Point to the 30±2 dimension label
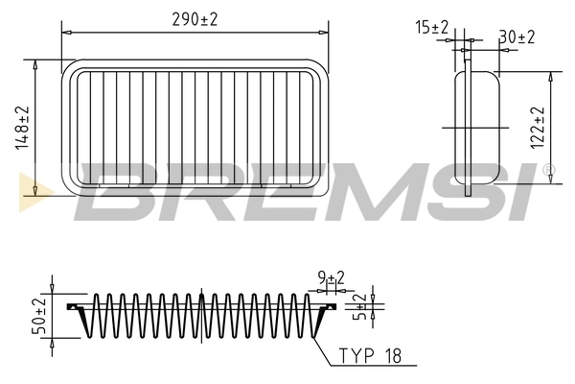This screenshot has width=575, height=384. [x=517, y=36]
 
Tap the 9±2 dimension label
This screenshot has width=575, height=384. [x=331, y=279]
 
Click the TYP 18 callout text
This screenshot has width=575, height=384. [x=369, y=356]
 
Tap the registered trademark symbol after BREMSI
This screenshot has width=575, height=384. [x=548, y=171]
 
